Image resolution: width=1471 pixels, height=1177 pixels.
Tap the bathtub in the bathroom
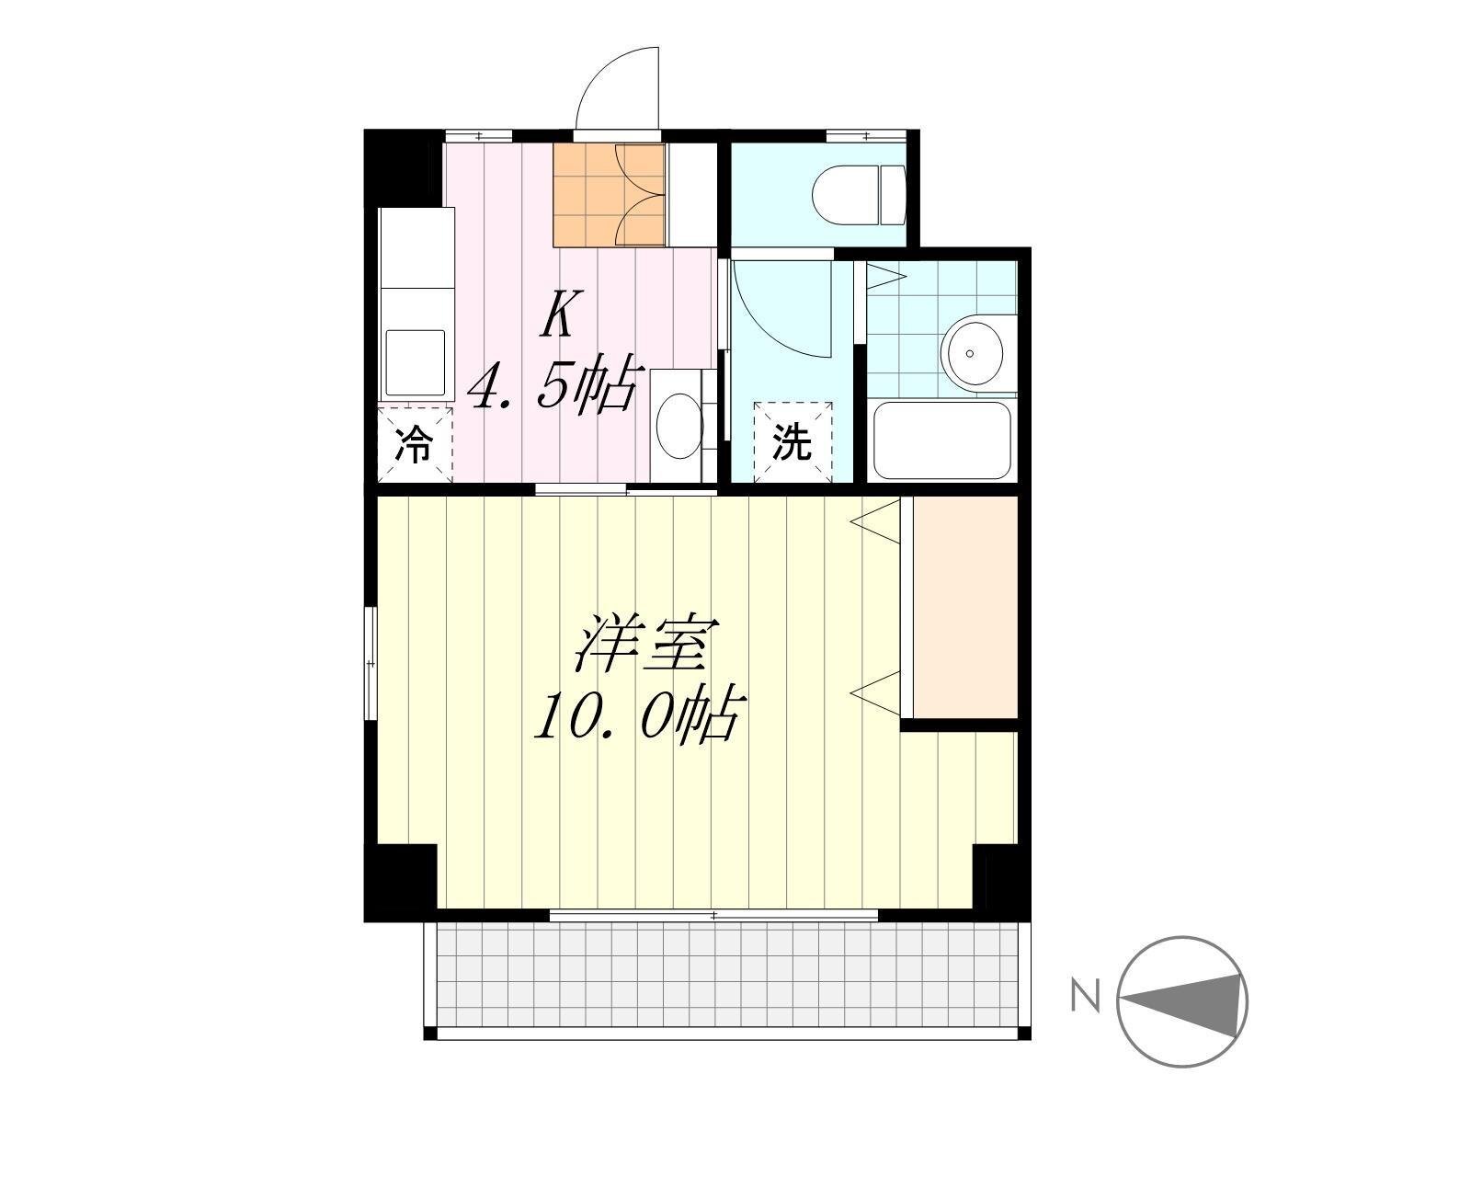point(942,440)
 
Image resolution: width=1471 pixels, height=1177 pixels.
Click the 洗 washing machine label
point(793,442)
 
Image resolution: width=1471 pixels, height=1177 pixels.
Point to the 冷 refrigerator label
point(414,444)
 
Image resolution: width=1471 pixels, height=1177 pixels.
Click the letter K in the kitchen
point(561,314)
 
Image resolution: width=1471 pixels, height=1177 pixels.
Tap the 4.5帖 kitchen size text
point(555,384)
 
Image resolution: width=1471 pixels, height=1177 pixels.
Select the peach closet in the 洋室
point(965,608)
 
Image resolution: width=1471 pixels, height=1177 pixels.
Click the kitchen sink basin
point(416,363)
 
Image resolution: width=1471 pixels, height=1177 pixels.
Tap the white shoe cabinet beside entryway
point(691,194)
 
